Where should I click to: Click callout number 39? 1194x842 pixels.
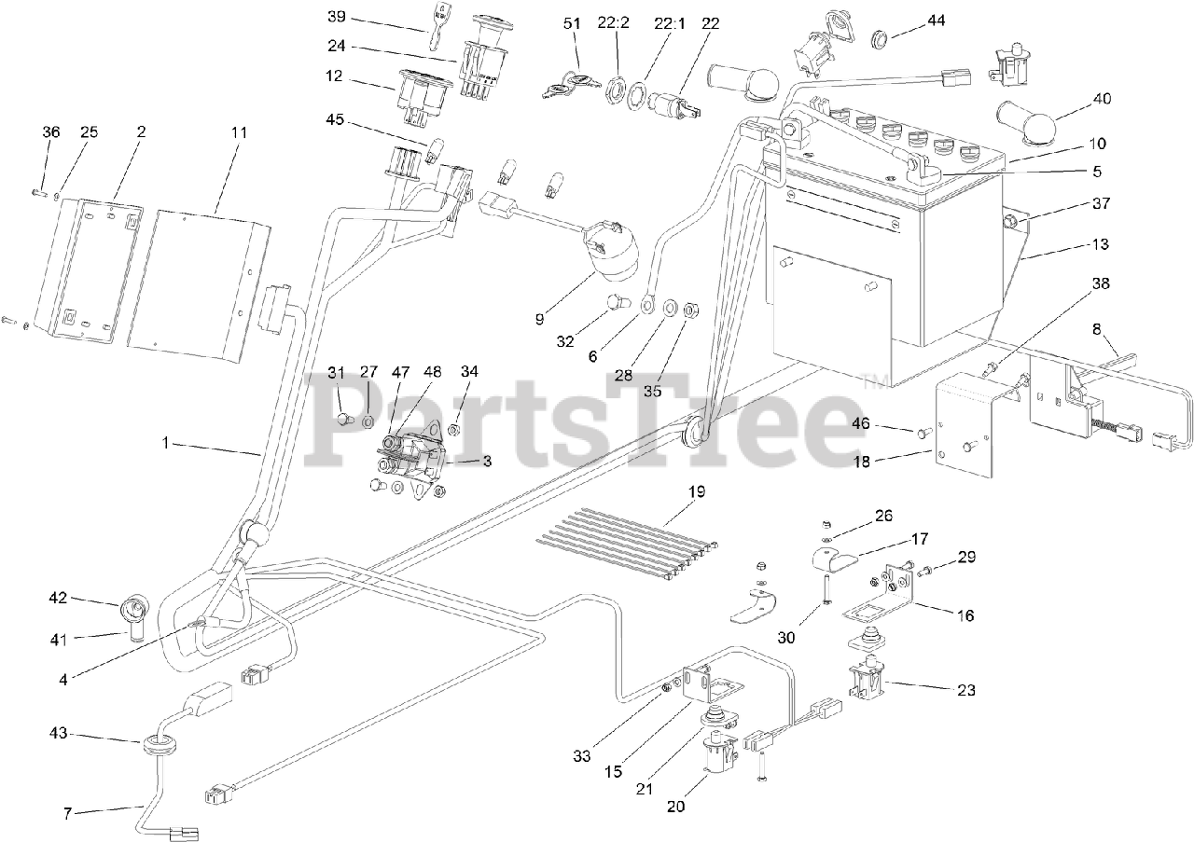tap(336, 16)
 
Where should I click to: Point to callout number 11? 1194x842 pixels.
tap(239, 132)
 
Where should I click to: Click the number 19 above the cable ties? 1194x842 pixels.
tap(697, 491)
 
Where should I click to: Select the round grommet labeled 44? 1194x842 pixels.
tap(879, 40)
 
